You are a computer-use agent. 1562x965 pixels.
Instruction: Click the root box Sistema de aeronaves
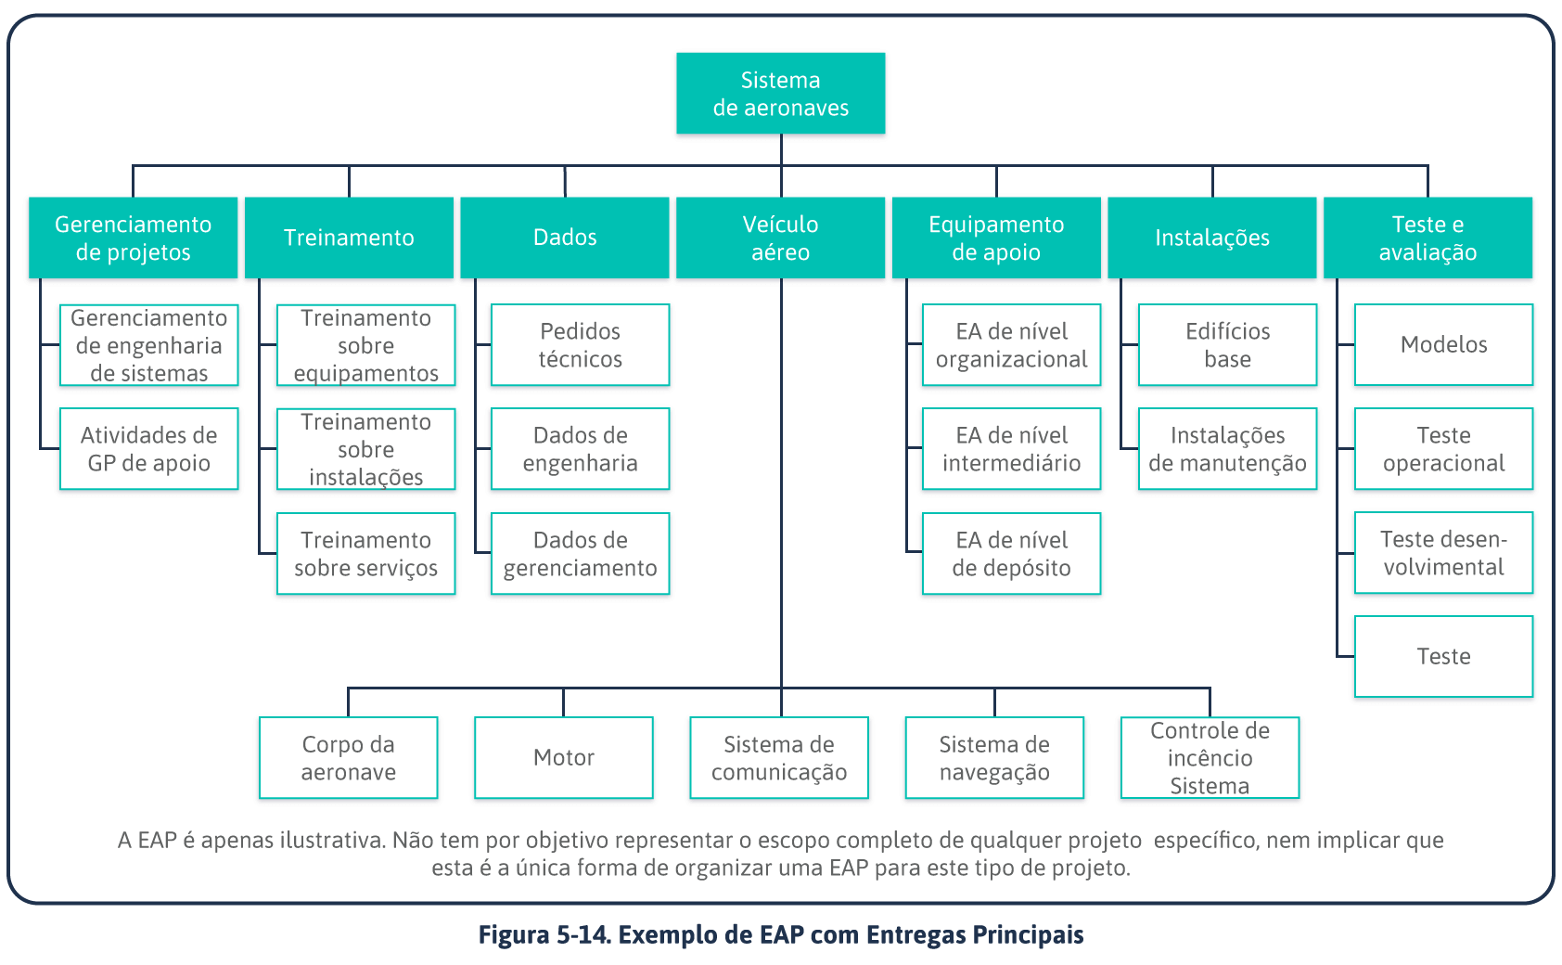tap(780, 94)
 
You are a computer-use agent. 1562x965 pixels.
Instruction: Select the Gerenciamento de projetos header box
tap(133, 238)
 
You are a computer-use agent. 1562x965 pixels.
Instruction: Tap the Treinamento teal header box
tap(349, 238)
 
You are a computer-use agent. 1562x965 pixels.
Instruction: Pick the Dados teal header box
tap(564, 238)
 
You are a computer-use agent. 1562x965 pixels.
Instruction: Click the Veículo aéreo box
tap(780, 238)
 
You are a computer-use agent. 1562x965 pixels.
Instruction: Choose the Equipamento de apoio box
tap(996, 238)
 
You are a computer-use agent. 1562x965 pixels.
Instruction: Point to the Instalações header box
tap(1211, 238)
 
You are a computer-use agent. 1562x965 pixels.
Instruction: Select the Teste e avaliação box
tap(1428, 238)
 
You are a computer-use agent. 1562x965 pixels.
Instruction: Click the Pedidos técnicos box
tap(580, 345)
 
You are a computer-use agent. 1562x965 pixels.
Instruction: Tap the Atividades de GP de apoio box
tap(148, 449)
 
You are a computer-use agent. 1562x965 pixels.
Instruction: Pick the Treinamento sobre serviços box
tap(365, 554)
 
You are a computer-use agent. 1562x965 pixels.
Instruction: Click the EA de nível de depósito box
tap(1011, 554)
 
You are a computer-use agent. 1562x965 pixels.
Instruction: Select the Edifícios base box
tap(1227, 345)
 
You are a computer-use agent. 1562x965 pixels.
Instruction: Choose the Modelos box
tap(1443, 345)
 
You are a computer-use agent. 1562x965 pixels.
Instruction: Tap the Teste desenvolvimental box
tap(1443, 553)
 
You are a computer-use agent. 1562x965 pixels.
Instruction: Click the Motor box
tap(564, 757)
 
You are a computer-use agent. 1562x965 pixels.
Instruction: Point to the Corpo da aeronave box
tap(348, 757)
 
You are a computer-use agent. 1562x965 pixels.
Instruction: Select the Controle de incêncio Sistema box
tap(1210, 757)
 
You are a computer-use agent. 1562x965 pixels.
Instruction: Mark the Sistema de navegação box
tap(994, 757)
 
